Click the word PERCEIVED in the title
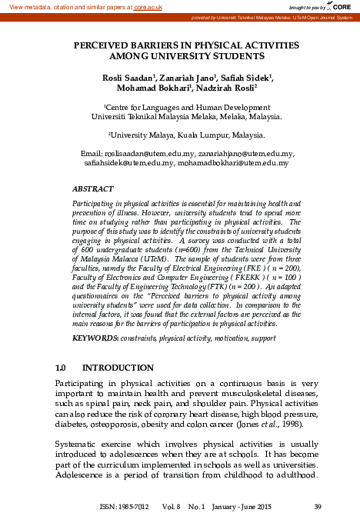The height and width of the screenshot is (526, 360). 103,46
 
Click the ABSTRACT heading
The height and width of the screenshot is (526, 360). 93,188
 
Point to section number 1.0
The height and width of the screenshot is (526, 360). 65,367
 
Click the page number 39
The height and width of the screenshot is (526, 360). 318,506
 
